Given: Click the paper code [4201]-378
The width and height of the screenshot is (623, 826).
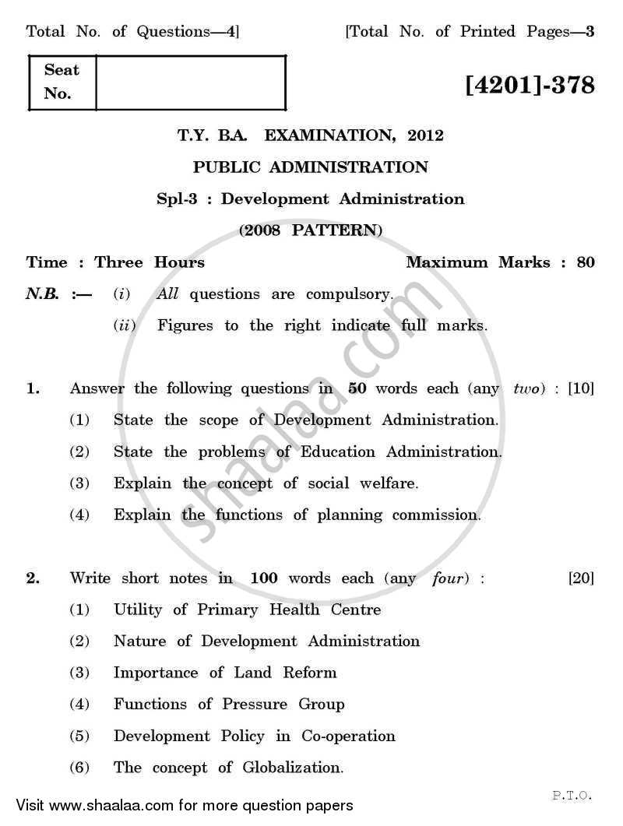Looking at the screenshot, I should point(530,84).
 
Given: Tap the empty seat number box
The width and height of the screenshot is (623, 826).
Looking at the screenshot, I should point(191,82).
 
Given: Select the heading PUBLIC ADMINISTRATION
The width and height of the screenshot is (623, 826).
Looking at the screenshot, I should point(311,167).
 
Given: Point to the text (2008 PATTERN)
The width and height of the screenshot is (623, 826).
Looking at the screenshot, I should point(311,230).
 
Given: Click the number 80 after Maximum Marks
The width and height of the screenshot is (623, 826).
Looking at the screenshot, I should point(586,262).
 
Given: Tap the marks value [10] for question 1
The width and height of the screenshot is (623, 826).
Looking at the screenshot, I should point(581,388).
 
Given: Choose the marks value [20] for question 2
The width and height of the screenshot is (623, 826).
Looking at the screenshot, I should point(581,578).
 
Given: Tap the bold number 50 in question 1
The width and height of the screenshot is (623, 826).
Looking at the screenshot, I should point(357,388).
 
